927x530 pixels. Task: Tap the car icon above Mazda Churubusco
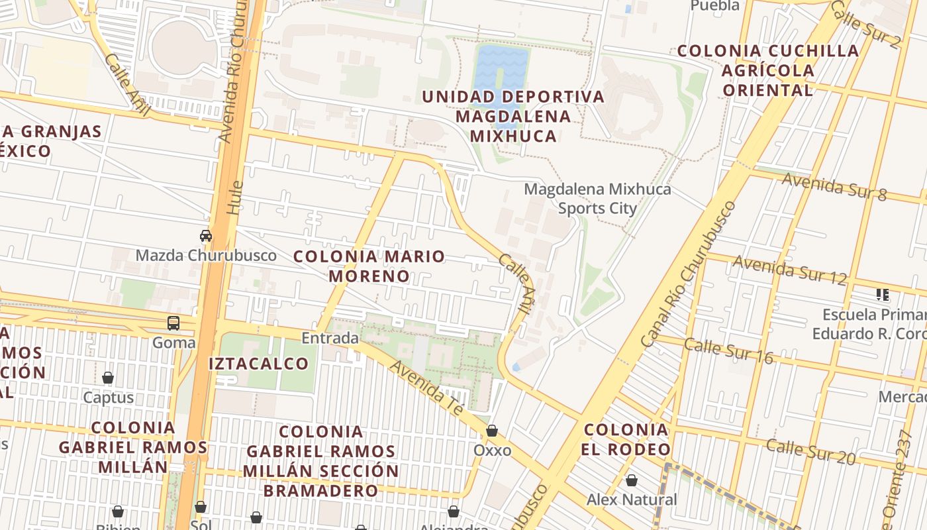[206, 235]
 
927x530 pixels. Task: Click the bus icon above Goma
[173, 323]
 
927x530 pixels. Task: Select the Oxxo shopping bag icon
[492, 431]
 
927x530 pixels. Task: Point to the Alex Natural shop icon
[632, 480]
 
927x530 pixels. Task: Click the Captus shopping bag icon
[108, 378]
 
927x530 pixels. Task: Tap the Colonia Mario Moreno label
[369, 266]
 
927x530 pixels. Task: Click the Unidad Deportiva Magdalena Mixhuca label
[513, 116]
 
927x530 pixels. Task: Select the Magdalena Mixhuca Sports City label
[597, 199]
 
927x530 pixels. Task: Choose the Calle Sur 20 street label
[810, 451]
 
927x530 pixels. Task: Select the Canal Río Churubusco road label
[689, 274]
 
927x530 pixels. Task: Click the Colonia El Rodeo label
[626, 439]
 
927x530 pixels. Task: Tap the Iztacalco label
[258, 363]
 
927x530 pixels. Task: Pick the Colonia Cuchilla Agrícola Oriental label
[768, 70]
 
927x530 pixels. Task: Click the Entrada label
[330, 339]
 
